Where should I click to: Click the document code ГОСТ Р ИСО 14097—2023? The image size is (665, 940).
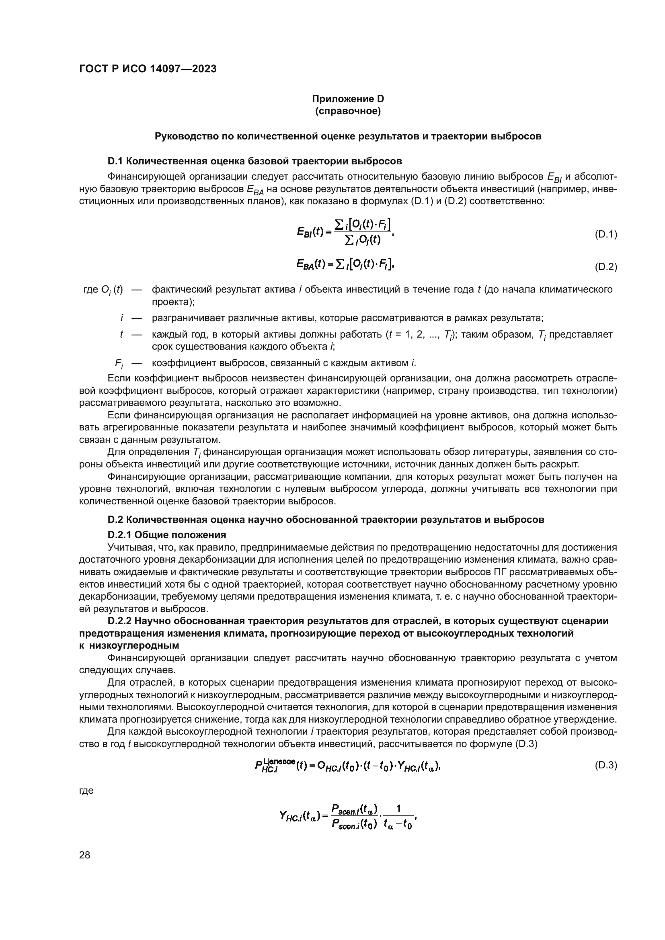point(148,69)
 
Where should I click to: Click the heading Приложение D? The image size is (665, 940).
point(348,99)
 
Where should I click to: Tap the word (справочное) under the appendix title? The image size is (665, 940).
point(348,111)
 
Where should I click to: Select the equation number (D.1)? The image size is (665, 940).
point(605,235)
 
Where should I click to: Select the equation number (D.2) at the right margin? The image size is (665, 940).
point(605,267)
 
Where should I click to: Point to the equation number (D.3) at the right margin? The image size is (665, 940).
point(605,765)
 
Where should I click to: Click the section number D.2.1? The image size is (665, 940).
point(119,535)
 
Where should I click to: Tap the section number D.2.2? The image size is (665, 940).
point(119,621)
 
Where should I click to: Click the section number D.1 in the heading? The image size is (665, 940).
point(115,161)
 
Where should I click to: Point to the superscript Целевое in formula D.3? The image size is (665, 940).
point(280,761)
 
